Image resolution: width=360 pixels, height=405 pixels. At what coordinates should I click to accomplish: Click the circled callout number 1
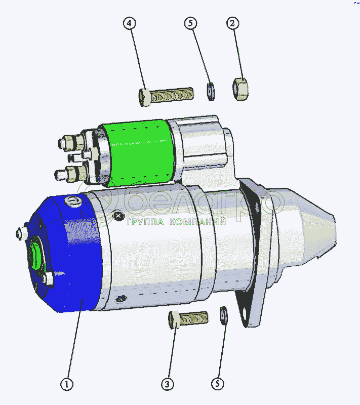pyautogui.click(x=67, y=384)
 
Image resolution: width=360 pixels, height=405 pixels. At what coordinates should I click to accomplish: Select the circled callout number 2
pyautogui.click(x=233, y=23)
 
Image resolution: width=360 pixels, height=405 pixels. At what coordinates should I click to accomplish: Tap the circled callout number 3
pyautogui.click(x=168, y=384)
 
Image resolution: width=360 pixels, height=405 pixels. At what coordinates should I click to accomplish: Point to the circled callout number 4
pyautogui.click(x=130, y=23)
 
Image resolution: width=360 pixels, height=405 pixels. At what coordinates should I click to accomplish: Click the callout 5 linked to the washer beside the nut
pyautogui.click(x=190, y=23)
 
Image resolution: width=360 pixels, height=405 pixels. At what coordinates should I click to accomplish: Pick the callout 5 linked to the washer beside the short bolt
pyautogui.click(x=217, y=384)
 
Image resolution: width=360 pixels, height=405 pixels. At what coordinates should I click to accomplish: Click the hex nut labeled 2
pyautogui.click(x=241, y=89)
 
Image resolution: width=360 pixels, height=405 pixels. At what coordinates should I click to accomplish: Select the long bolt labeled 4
pyautogui.click(x=166, y=96)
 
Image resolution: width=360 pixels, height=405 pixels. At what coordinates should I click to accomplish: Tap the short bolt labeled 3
pyautogui.click(x=188, y=319)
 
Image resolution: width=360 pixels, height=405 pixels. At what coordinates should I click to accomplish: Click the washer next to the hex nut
pyautogui.click(x=211, y=92)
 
